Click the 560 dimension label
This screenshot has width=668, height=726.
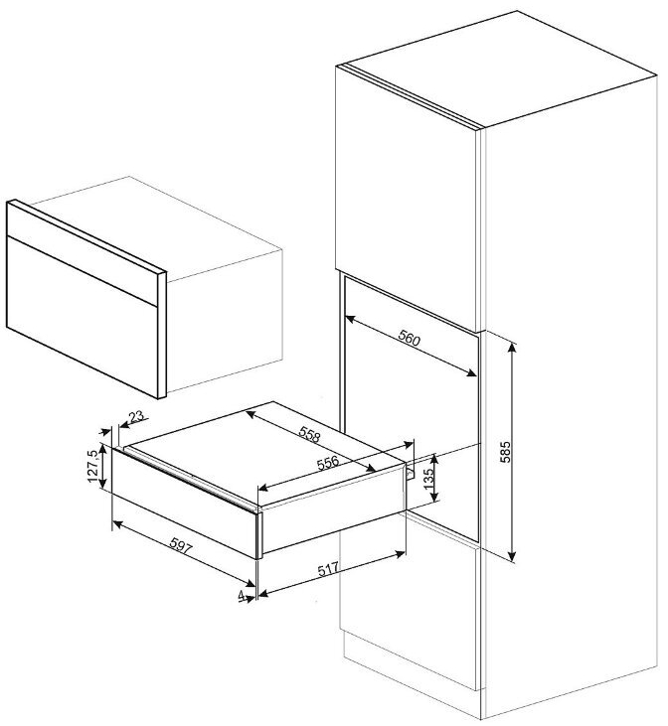tap(409, 340)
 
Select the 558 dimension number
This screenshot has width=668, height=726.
tap(310, 434)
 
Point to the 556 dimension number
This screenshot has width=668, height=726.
tap(328, 463)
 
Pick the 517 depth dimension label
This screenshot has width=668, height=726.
tap(328, 569)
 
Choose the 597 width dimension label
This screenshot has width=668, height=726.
tap(180, 545)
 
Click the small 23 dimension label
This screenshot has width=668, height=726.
tap(136, 417)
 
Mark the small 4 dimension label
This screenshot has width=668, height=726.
tap(241, 595)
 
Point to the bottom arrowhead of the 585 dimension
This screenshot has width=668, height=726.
tap(512, 556)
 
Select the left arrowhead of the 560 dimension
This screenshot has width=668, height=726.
tap(351, 319)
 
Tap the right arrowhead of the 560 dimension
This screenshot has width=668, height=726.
tap(472, 372)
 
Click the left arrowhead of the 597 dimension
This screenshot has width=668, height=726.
tap(117, 523)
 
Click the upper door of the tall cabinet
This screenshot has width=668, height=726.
tap(406, 199)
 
